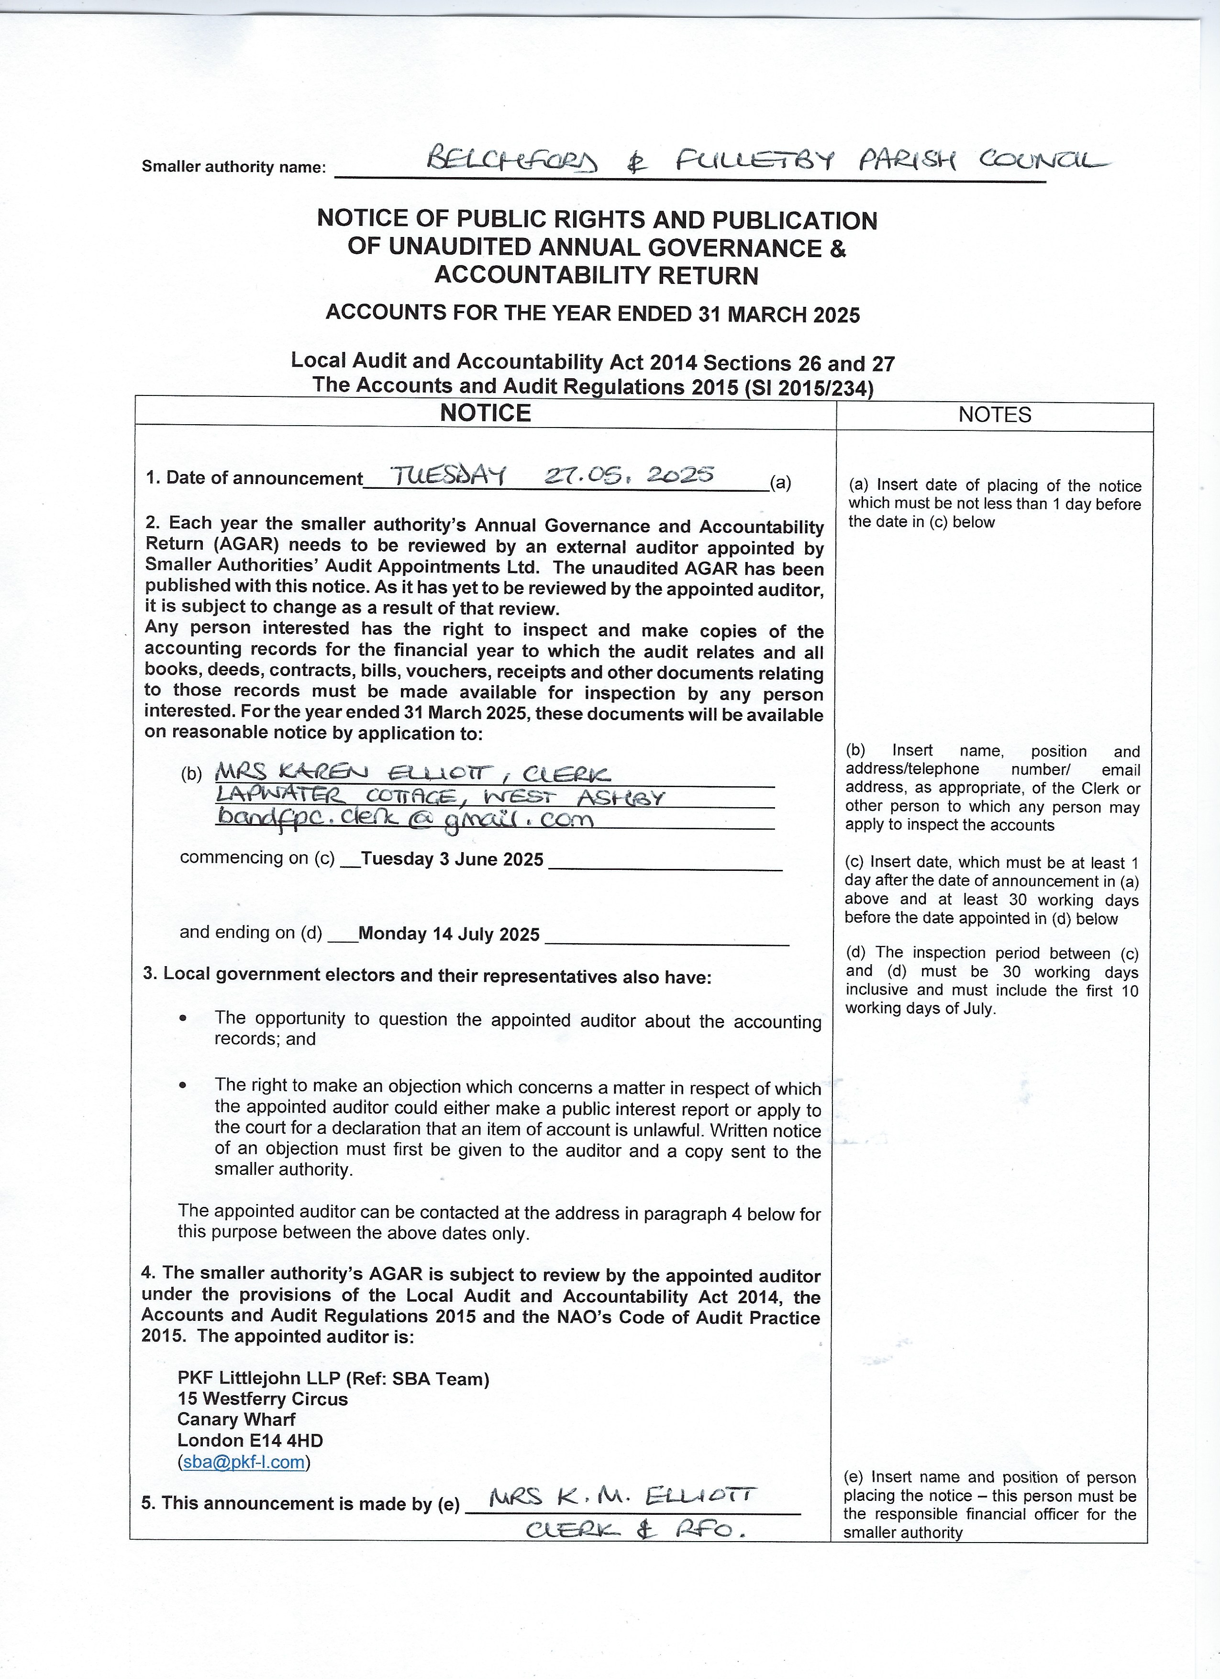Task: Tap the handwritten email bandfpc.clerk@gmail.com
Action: [x=405, y=819]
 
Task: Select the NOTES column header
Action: [x=994, y=415]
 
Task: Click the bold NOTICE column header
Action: [x=485, y=413]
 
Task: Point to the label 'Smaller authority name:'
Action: [x=234, y=167]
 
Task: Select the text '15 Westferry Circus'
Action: [x=263, y=1398]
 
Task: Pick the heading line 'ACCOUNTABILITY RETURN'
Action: [x=596, y=275]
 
